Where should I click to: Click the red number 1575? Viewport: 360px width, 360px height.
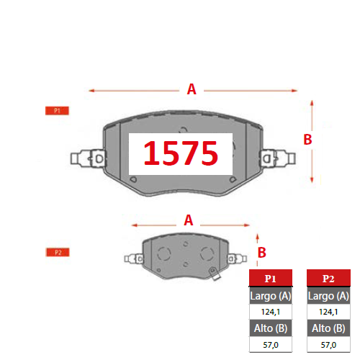(181, 153)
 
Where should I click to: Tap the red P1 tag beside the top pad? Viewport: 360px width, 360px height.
(57, 111)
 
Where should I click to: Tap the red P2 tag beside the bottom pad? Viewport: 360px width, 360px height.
(58, 252)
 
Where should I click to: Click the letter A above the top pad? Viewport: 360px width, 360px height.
(192, 89)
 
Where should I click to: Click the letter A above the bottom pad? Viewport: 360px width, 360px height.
(189, 220)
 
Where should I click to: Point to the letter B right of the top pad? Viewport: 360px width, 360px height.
(307, 140)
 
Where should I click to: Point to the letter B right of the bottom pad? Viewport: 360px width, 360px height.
(262, 253)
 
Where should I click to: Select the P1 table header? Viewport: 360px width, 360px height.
(271, 278)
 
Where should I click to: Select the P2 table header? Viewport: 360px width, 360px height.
(328, 278)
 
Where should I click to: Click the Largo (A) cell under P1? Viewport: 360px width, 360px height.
(271, 296)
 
